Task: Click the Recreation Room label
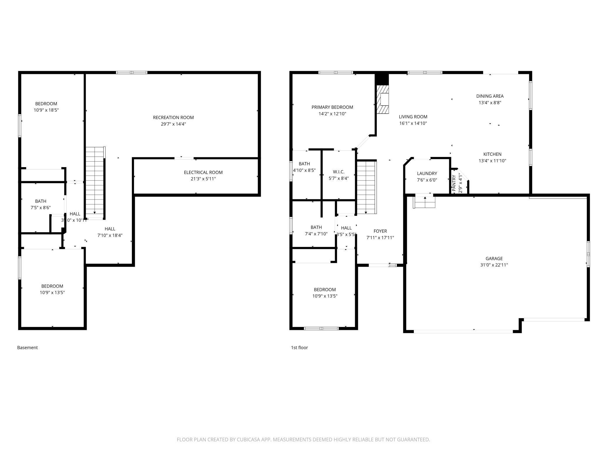173,118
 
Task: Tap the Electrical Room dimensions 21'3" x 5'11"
203,179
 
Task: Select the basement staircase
95,183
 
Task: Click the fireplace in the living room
383,99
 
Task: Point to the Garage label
494,258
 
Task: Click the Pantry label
454,183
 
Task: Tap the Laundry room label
427,174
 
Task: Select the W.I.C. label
339,172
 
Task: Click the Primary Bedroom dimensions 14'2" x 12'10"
332,114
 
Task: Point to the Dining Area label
490,96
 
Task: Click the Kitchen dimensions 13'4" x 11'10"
492,161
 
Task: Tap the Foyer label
380,231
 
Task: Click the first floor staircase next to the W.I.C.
367,187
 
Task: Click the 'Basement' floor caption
27,347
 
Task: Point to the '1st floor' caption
299,347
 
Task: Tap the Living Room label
413,117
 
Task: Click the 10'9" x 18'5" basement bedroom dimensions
46,110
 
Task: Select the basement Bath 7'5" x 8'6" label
41,204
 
